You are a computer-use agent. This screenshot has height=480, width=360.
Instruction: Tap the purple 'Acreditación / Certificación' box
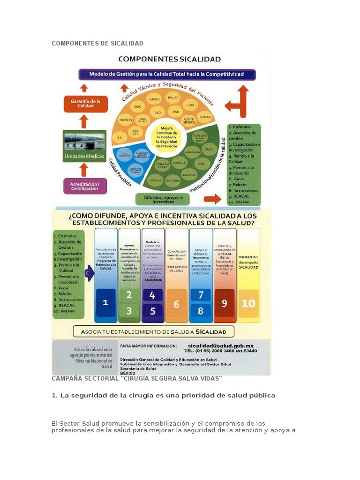[x=85, y=186]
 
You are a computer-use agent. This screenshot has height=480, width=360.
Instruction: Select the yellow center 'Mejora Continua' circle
[x=166, y=137]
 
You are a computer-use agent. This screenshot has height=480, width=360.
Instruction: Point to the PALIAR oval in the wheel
[x=173, y=97]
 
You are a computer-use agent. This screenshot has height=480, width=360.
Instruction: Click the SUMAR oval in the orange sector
[x=205, y=116]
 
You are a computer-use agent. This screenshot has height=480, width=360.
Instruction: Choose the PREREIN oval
[x=126, y=120]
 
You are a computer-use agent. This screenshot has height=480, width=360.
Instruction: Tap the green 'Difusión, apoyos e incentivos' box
[x=163, y=199]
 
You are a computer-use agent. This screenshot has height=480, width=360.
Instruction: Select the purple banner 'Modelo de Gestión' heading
[x=167, y=74]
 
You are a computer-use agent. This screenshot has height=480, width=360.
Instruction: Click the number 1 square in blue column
[x=106, y=302]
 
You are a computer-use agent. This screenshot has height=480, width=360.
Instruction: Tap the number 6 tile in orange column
[x=176, y=304]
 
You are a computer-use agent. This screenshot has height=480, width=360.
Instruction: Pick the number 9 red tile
[x=225, y=303]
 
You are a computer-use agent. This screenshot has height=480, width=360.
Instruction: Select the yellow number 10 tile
[x=248, y=303]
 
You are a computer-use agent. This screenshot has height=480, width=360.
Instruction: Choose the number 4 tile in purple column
[x=152, y=295]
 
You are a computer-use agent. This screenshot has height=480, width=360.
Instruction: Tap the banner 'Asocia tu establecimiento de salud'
[x=153, y=332]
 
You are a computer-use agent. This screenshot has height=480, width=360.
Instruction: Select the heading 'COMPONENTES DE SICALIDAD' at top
[x=97, y=44]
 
